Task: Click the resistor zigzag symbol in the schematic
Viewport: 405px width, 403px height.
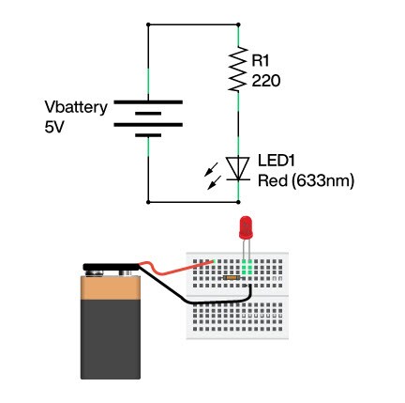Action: (x=237, y=70)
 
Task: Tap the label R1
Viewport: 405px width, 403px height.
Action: (x=261, y=61)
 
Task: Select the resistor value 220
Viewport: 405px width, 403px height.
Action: (x=266, y=81)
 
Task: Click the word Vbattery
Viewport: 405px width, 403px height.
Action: (x=76, y=108)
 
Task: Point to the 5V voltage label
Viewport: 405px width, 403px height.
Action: (x=54, y=128)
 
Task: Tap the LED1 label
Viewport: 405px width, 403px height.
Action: (x=277, y=161)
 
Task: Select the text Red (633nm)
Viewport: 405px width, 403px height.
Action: (x=306, y=181)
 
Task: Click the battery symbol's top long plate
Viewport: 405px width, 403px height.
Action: (x=148, y=102)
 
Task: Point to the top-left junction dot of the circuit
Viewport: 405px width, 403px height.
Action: (x=148, y=24)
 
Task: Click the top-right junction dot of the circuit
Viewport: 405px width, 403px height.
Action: (x=238, y=24)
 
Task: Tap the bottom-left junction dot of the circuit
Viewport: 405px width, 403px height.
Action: (x=148, y=202)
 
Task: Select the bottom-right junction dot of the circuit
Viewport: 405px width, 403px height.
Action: (x=238, y=202)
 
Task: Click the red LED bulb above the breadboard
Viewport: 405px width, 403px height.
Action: (x=246, y=227)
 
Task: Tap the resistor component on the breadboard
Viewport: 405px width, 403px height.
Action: (x=232, y=277)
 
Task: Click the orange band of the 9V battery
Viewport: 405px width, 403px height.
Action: (x=111, y=288)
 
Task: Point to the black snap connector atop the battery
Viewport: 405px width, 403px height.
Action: (x=111, y=267)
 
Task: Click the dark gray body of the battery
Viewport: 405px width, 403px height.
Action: (x=111, y=339)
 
